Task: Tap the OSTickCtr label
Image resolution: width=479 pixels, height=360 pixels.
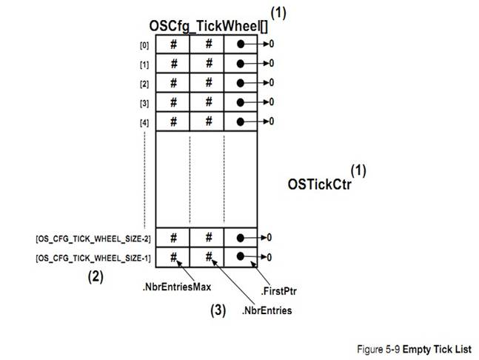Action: (319, 182)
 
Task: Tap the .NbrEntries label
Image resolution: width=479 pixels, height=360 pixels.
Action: (266, 311)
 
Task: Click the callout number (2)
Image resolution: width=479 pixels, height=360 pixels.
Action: (95, 278)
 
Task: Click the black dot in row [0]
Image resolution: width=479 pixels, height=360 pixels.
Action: (241, 44)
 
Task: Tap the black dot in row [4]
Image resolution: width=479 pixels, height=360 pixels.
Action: (241, 121)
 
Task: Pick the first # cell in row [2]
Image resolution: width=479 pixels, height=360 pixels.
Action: (173, 82)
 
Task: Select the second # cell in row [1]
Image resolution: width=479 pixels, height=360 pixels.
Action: (209, 64)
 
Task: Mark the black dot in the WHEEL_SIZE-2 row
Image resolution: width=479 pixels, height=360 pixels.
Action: (241, 238)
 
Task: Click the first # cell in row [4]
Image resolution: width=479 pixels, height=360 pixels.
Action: (173, 121)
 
